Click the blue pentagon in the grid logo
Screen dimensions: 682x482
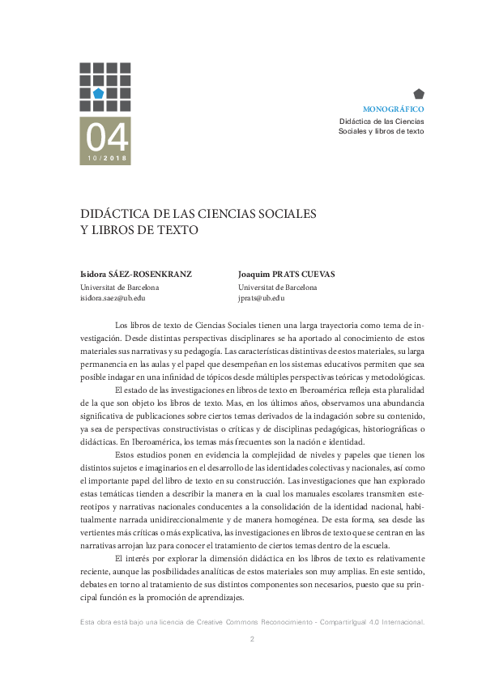98,93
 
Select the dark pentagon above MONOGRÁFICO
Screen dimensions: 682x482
418,94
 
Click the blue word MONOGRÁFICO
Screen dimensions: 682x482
393,109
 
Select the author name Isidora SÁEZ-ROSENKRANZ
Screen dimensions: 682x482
135,274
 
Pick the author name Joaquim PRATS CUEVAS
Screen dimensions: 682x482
286,274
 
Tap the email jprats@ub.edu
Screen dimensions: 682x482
262,298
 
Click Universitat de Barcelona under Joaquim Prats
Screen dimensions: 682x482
278,287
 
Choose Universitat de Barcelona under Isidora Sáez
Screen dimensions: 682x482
119,287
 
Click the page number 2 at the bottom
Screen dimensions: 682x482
252,640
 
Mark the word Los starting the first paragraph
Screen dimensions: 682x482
122,325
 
